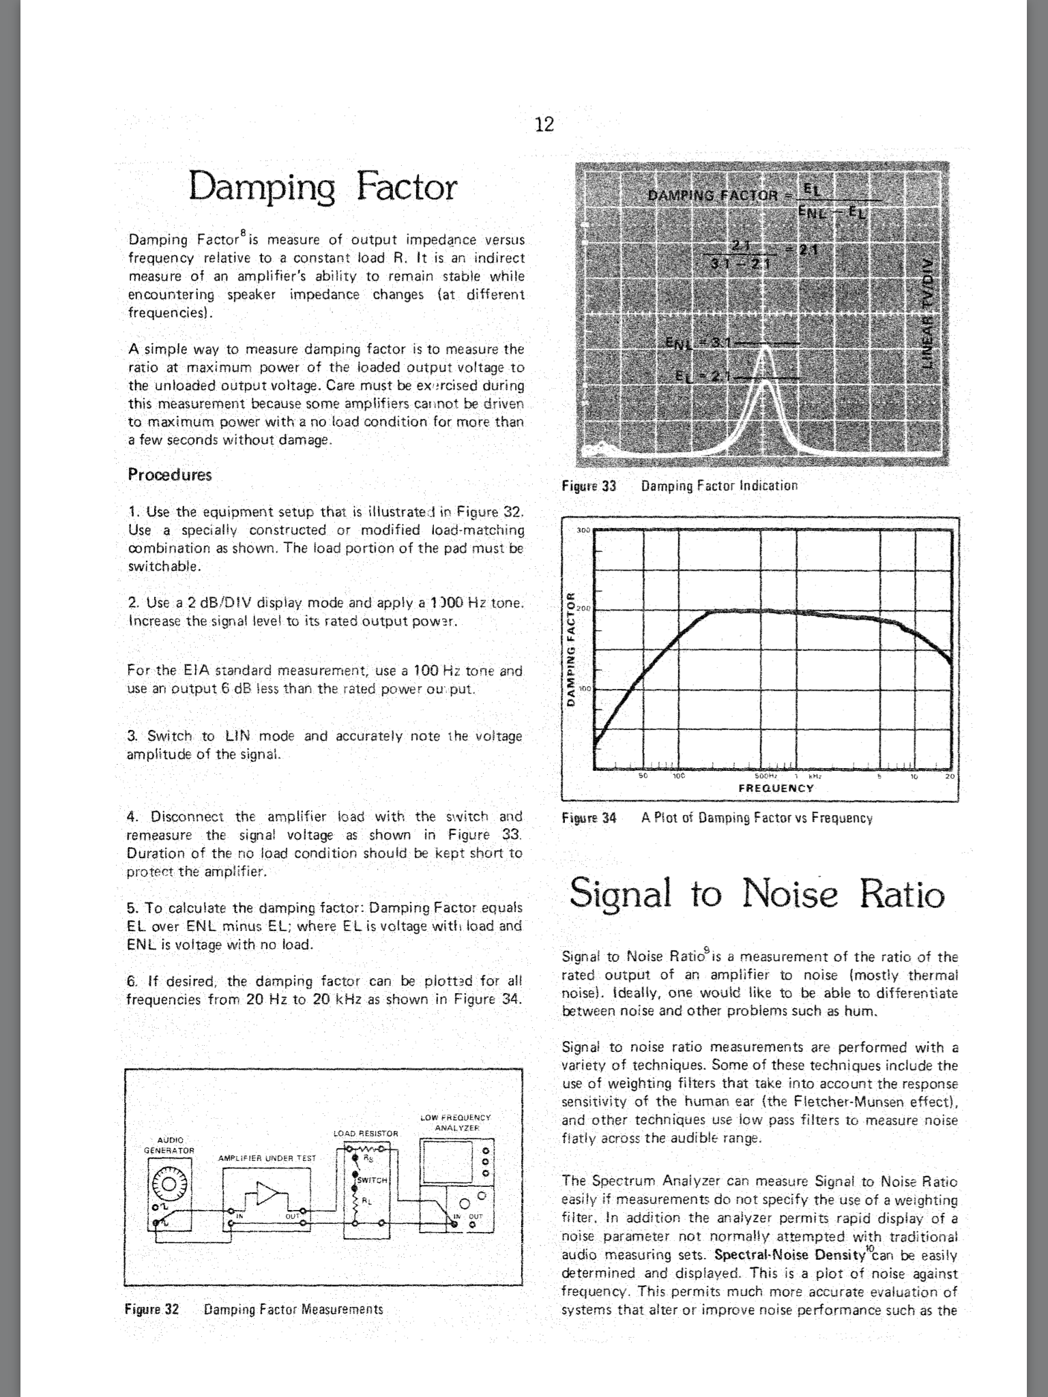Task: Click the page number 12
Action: pos(544,124)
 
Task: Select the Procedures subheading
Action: pos(170,475)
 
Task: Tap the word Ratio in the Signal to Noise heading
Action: pos(902,894)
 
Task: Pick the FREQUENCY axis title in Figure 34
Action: pos(776,789)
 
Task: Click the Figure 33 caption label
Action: pos(588,486)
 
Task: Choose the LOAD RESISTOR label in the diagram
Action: pos(365,1133)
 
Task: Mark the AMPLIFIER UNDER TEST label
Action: pos(267,1158)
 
